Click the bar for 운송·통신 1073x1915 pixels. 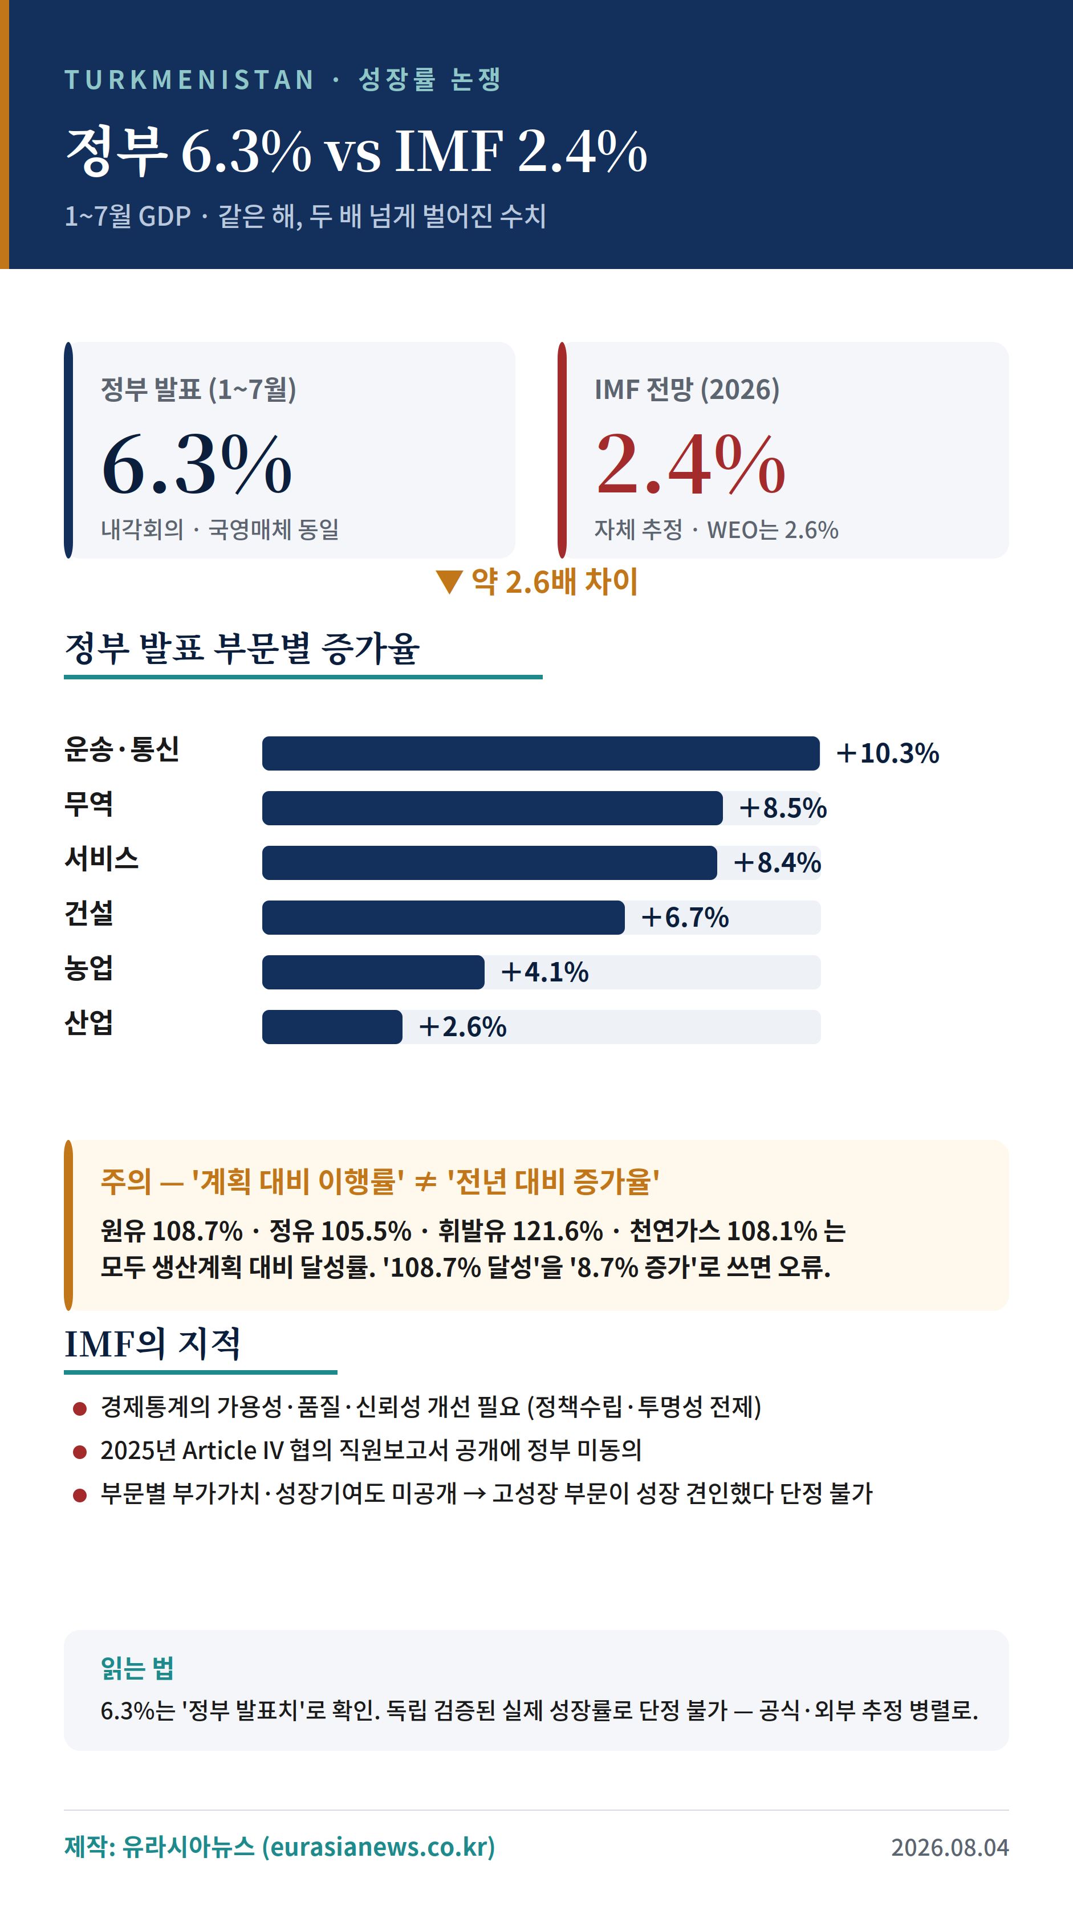pyautogui.click(x=540, y=753)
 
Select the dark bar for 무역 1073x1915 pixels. pyautogui.click(x=492, y=808)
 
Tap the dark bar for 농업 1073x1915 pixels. pyautogui.click(x=373, y=972)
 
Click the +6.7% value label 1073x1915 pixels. pyautogui.click(x=685, y=918)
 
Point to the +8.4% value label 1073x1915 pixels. pyautogui.click(x=777, y=862)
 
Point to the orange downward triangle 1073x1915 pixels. pyautogui.click(x=449, y=581)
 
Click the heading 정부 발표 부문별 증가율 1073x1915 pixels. pyautogui.click(x=242, y=647)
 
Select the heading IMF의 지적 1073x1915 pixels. pyautogui.click(x=152, y=1343)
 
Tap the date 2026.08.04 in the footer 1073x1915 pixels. pyautogui.click(x=949, y=1847)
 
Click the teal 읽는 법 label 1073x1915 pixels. pyautogui.click(x=137, y=1668)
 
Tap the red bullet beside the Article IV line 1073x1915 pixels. pyautogui.click(x=80, y=1452)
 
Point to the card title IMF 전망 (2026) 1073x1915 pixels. pyautogui.click(x=687, y=389)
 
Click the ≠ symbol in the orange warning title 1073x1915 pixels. pyautogui.click(x=425, y=1182)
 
